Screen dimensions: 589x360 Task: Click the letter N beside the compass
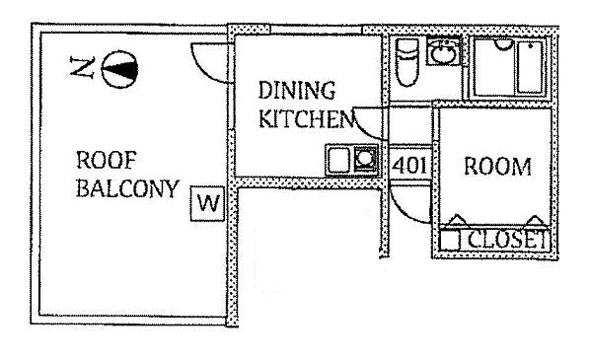pos(82,68)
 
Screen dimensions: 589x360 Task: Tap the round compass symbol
pos(119,69)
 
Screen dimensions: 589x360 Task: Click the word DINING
pos(297,91)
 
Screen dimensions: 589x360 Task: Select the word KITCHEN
pos(307,118)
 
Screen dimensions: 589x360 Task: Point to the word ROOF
pos(107,161)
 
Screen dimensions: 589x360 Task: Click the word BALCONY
pos(127,188)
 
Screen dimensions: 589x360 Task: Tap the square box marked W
pos(208,203)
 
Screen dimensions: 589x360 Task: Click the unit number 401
pos(409,165)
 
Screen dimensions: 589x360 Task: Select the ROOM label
pos(497,167)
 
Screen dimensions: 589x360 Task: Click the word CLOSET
pos(507,239)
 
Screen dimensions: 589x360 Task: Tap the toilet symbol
pos(407,62)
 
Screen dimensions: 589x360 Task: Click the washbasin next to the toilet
pos(444,52)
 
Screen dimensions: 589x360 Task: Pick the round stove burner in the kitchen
pos(365,159)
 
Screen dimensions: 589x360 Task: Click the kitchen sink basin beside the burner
pos(339,161)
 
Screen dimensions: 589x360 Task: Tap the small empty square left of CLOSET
pos(450,240)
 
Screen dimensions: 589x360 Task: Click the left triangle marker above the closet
pos(457,220)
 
